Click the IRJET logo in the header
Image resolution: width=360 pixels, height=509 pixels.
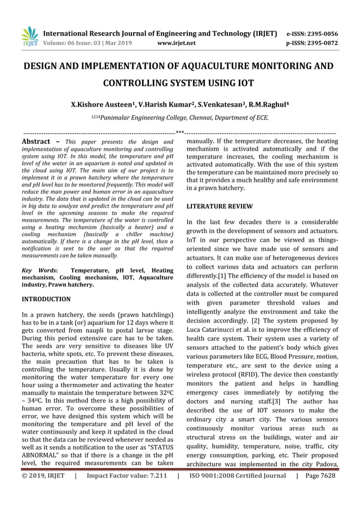point(29,36)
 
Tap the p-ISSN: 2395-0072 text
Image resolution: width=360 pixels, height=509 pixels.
point(312,42)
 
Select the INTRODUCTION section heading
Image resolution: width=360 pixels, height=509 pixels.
point(46,299)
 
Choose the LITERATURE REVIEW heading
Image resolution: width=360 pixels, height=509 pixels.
point(219,207)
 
